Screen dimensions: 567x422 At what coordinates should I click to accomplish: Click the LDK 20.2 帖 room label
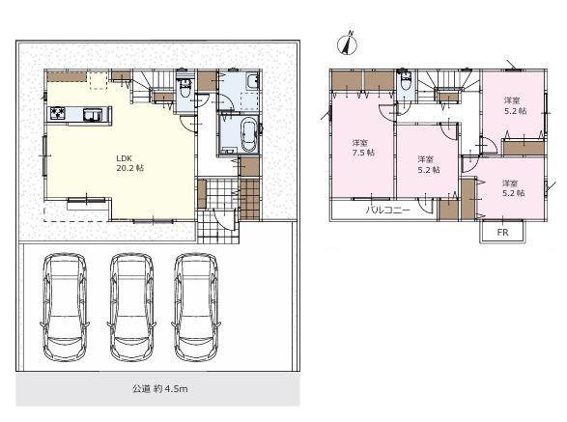point(129,163)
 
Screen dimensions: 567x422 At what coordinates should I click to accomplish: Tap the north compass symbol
point(348,43)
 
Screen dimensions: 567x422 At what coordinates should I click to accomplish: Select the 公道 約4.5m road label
point(159,389)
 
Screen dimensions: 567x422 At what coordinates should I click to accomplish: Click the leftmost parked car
point(65,307)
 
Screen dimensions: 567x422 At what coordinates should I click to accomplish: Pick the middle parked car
point(131,307)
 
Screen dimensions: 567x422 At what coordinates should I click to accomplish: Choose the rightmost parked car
point(196,307)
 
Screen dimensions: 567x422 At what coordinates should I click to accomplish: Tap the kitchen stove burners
point(58,113)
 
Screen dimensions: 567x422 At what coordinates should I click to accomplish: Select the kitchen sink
point(92,114)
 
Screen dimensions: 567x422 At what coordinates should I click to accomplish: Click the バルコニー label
point(387,211)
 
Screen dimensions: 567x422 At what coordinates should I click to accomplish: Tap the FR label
point(502,233)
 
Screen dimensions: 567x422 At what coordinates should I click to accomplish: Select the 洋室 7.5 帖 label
point(363,148)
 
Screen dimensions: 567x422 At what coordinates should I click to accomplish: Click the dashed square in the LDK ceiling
point(99,80)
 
